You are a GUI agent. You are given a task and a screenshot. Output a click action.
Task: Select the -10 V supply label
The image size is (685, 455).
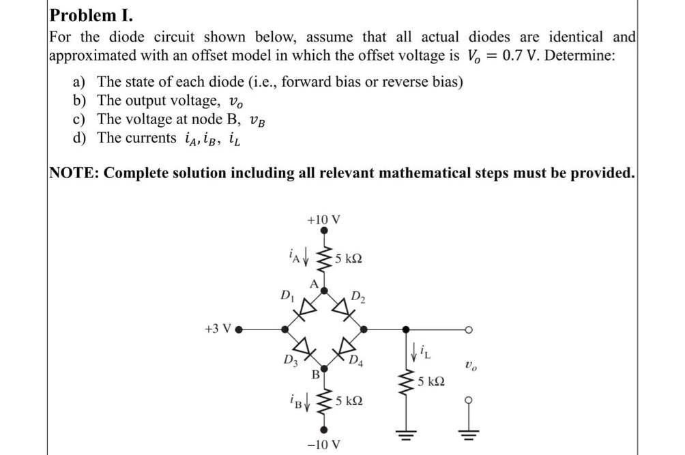(323, 445)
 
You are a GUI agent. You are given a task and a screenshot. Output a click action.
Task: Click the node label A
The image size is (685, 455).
(314, 284)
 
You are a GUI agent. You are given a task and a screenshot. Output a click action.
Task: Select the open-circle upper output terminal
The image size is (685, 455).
(469, 329)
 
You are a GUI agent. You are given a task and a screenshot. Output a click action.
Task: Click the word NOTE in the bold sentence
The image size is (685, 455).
(72, 173)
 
